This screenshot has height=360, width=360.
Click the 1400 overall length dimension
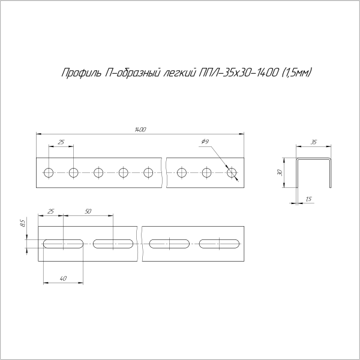140,130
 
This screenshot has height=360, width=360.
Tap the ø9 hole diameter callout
205,142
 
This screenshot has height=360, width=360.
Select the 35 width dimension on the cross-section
314,142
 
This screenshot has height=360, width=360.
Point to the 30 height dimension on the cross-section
280,172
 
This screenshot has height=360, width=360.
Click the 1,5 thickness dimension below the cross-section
309,199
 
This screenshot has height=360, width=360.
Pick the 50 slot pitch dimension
88,211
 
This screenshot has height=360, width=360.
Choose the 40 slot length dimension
63,278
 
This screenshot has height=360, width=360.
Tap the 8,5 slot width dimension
23,223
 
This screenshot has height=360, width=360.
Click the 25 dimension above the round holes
61,142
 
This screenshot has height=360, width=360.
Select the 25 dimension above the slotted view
50,211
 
